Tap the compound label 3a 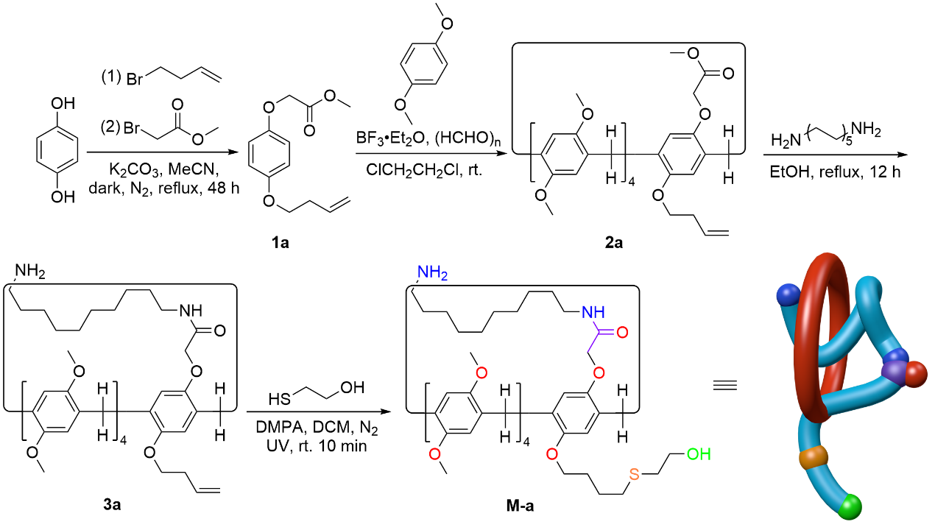113,506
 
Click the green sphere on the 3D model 852,506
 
